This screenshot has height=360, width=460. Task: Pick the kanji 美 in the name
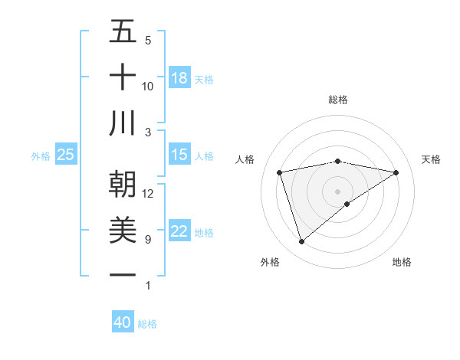[x=123, y=230]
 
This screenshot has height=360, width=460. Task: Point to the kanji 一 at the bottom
[x=123, y=275]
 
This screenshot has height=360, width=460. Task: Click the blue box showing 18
[x=179, y=78]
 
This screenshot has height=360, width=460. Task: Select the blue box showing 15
[x=179, y=155]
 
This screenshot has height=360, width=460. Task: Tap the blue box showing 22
[x=179, y=231]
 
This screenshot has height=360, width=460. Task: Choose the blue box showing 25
[x=65, y=155]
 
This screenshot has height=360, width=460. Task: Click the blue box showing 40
[x=122, y=322]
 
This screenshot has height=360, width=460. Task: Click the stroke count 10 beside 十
[x=148, y=87]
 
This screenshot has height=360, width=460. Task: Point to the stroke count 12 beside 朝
[x=148, y=194]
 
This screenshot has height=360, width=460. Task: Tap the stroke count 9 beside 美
[x=148, y=240]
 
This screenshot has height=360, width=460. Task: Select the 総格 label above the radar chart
[x=338, y=100]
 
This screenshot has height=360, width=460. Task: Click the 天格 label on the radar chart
[x=431, y=159]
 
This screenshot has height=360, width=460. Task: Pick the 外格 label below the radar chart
[x=270, y=262]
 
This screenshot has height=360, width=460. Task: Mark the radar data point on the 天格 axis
[x=396, y=172]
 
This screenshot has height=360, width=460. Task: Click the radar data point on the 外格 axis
[x=301, y=242]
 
